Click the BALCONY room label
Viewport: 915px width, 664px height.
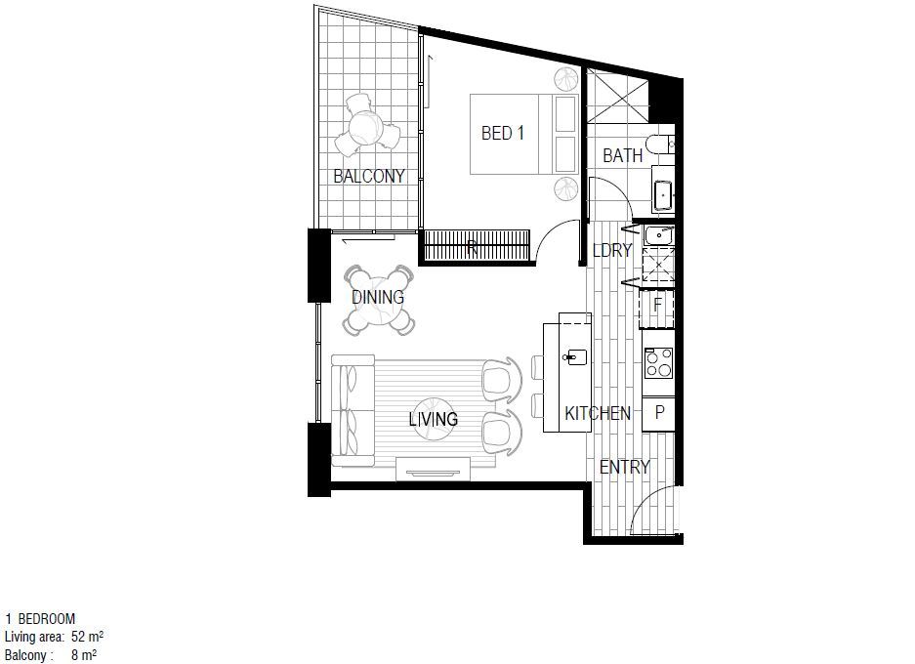tap(369, 176)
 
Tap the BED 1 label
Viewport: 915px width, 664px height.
tap(503, 133)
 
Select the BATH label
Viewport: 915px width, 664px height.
tap(622, 156)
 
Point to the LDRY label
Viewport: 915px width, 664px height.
tap(611, 250)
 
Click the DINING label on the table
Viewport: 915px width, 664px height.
tap(378, 297)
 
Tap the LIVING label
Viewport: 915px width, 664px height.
tap(433, 419)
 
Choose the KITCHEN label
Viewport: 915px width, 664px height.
tap(598, 413)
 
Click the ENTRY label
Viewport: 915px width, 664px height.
tap(624, 467)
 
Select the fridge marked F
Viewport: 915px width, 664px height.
tap(657, 305)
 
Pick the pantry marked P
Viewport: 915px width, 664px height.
tap(659, 413)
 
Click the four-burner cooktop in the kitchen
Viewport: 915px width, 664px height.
tap(658, 363)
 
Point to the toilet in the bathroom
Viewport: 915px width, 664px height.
tap(660, 145)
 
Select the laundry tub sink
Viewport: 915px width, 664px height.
tap(659, 235)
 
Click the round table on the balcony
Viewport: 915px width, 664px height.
tap(366, 127)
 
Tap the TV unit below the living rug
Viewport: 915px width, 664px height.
tap(433, 469)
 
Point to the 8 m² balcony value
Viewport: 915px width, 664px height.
tap(84, 655)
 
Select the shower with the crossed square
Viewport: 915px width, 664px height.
tap(618, 95)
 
